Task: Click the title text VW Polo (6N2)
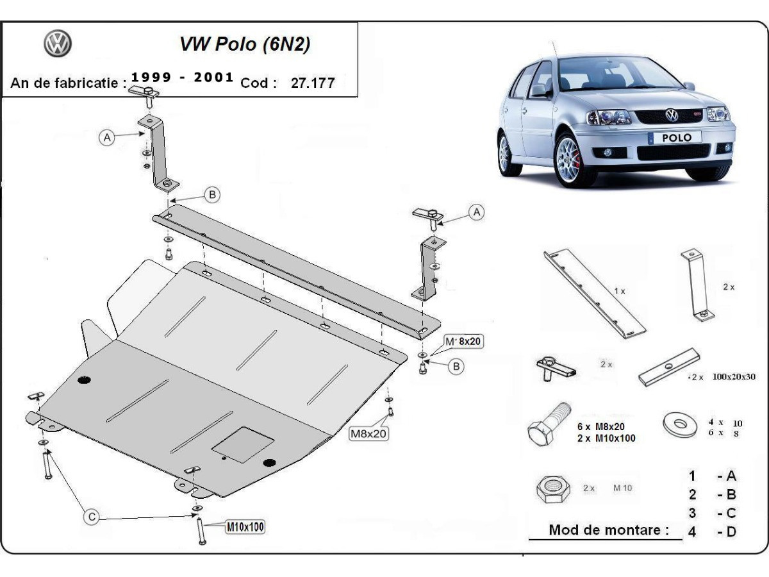click(x=246, y=45)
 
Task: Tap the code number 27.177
click(x=313, y=83)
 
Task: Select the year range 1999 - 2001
click(x=182, y=78)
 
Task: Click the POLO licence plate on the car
click(x=677, y=137)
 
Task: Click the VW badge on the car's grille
click(x=672, y=115)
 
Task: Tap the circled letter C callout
click(x=93, y=517)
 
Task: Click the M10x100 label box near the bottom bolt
click(x=244, y=527)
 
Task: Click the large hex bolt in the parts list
click(x=549, y=428)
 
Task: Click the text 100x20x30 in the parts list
click(x=731, y=377)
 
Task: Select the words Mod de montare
click(x=608, y=530)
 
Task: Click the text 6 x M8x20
click(x=600, y=426)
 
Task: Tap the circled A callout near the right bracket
click(x=476, y=212)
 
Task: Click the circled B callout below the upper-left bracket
click(x=213, y=194)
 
